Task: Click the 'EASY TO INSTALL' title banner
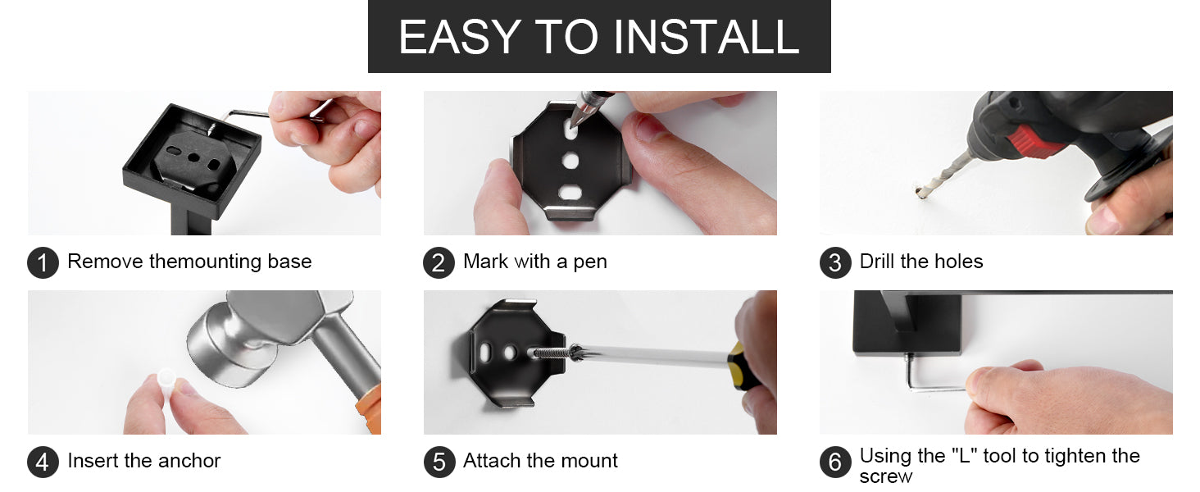(599, 36)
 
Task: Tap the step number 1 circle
(43, 262)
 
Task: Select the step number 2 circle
(439, 262)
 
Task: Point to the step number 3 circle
(835, 262)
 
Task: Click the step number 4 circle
(43, 462)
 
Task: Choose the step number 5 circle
(439, 462)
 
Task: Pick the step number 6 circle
(835, 462)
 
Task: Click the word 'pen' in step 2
(590, 263)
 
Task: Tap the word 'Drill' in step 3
(878, 261)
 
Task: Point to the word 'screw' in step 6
(885, 476)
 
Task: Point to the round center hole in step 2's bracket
(570, 160)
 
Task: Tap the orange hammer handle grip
(370, 410)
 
